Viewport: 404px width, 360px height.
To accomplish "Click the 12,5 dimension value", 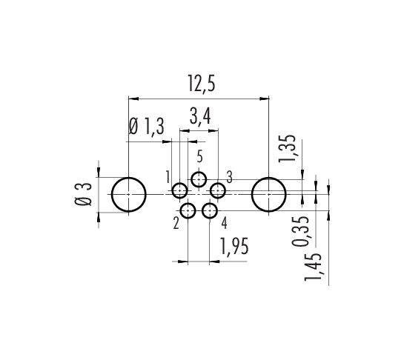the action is pyautogui.click(x=201, y=84).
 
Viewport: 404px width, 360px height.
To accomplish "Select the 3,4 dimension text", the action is pyautogui.click(x=200, y=116).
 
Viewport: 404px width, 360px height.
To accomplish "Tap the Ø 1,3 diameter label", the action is pyautogui.click(x=146, y=126).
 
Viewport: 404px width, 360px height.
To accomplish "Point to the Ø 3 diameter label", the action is pyautogui.click(x=83, y=194).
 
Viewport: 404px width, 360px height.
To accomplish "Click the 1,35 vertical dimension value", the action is pyautogui.click(x=287, y=148).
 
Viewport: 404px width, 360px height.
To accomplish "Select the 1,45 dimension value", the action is pyautogui.click(x=313, y=267).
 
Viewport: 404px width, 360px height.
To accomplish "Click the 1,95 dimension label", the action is pyautogui.click(x=234, y=247).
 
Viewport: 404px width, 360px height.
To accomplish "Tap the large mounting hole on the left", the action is pyautogui.click(x=128, y=178).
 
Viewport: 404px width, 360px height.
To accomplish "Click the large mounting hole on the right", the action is pyautogui.click(x=269, y=178).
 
